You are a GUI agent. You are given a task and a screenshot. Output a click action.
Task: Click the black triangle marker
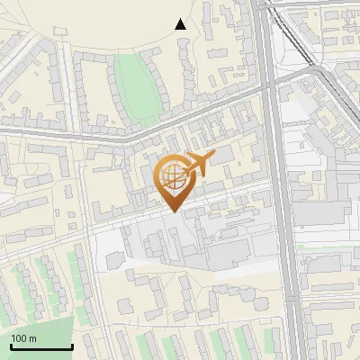click(181, 24)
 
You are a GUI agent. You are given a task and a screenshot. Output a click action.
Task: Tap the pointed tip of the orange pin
click(171, 210)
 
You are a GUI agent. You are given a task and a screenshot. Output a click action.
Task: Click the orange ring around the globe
click(158, 176)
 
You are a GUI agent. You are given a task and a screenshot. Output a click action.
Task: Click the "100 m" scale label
click(24, 338)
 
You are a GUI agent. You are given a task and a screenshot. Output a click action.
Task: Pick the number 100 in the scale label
click(20, 338)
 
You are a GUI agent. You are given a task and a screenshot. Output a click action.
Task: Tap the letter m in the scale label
click(33, 338)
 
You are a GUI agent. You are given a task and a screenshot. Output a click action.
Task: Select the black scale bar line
click(41, 347)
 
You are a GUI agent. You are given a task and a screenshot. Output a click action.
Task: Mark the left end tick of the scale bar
click(11, 346)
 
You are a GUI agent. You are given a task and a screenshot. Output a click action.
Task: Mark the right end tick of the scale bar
click(72, 346)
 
